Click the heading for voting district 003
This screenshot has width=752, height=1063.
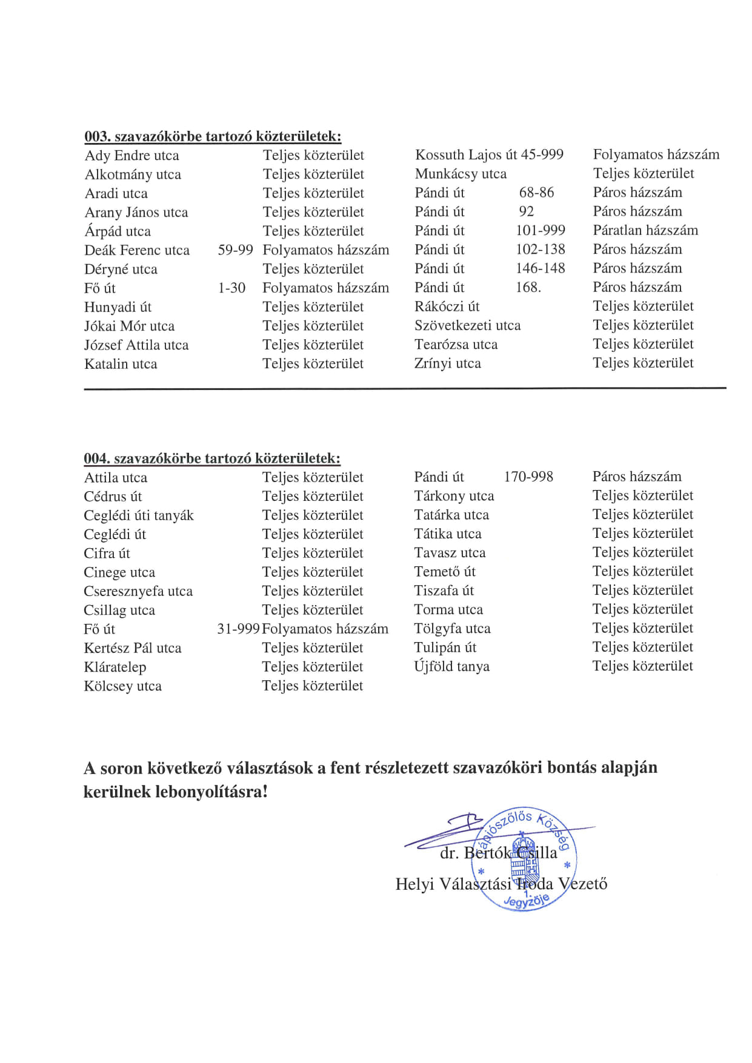(213, 136)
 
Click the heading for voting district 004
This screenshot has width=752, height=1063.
(212, 459)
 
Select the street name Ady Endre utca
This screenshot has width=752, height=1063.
(132, 156)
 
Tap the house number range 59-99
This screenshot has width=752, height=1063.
(235, 250)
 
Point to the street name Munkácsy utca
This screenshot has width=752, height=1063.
(461, 174)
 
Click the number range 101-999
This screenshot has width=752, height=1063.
(540, 231)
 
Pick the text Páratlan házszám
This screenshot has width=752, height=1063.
(645, 230)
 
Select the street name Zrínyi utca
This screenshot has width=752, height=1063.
(448, 363)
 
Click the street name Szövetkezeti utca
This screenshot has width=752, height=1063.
(467, 325)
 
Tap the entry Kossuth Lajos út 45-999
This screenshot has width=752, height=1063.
(489, 154)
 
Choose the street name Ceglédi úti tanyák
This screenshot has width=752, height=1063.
(139, 515)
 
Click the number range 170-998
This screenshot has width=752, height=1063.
(528, 477)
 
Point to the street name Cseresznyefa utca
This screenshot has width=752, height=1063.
(138, 591)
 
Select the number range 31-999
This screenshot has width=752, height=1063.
(238, 629)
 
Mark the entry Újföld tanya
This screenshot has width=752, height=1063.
(451, 666)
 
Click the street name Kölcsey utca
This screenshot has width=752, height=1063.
(123, 686)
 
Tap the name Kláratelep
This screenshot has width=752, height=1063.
(115, 667)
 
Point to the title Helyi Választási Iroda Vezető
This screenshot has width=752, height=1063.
(501, 884)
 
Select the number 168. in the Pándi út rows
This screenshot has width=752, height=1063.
(528, 287)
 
